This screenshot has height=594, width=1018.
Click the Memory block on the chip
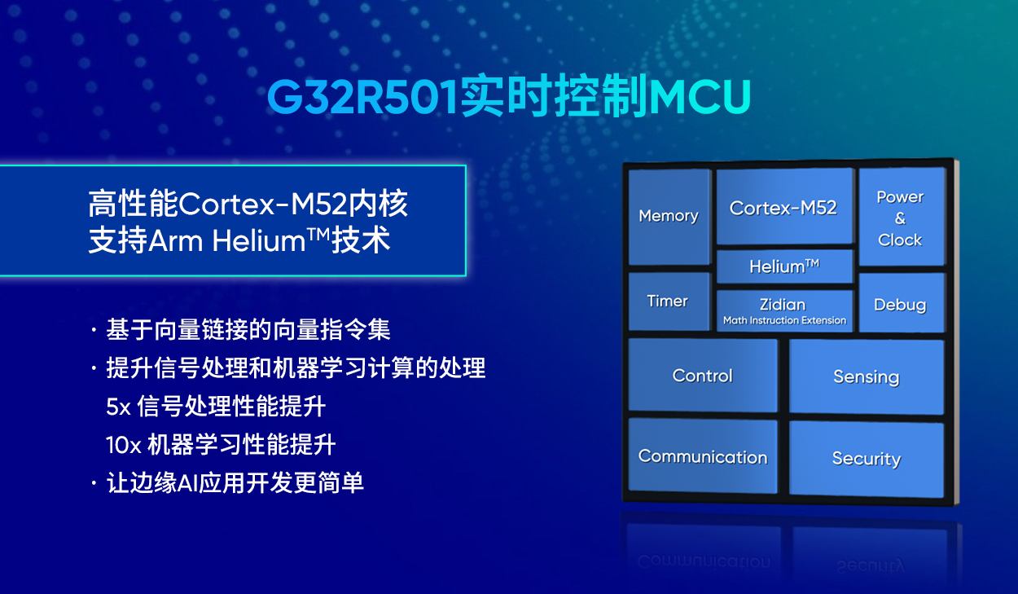coord(669,216)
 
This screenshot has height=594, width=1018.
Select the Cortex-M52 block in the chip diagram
coord(783,208)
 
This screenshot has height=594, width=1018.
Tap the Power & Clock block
coord(900,218)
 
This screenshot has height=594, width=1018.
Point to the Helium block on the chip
coord(783,266)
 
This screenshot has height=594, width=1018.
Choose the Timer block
coord(668,301)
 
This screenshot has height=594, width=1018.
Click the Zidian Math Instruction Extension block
coord(783,310)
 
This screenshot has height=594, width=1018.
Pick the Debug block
coord(900,305)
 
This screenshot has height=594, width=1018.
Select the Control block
coord(702,376)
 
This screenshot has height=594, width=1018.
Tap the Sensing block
coord(866,376)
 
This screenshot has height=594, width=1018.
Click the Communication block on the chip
coord(702,456)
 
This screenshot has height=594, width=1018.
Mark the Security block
coord(866,459)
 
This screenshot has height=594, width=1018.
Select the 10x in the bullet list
coord(123,445)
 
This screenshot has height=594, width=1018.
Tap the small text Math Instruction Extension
coord(784,321)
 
